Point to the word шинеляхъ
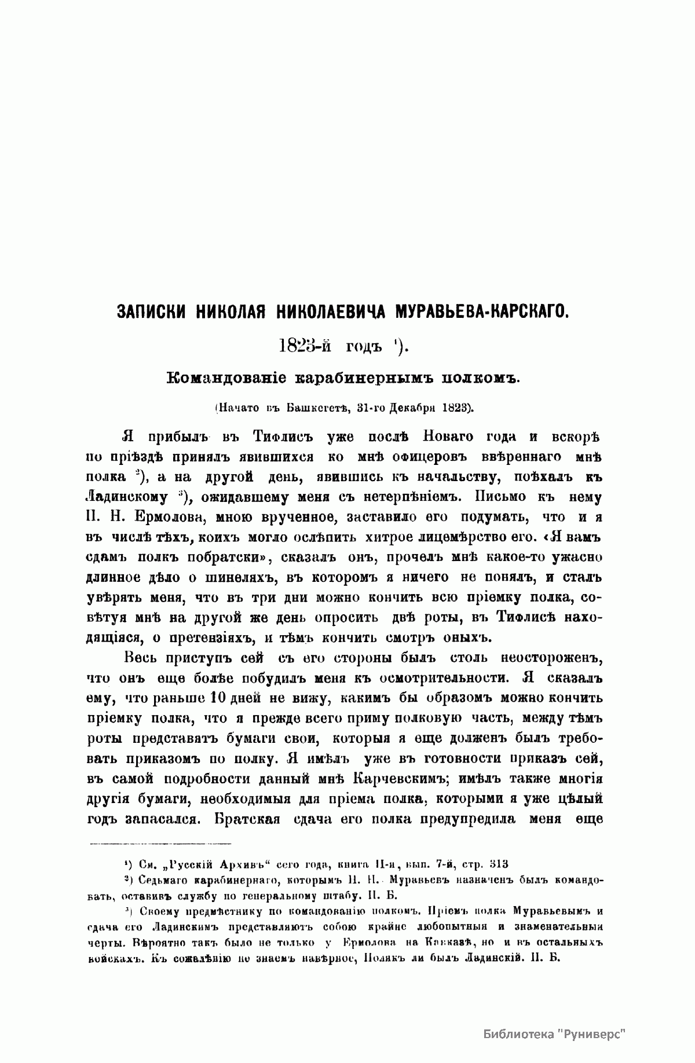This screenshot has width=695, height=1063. point(215,577)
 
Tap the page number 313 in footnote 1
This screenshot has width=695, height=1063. point(498,865)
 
